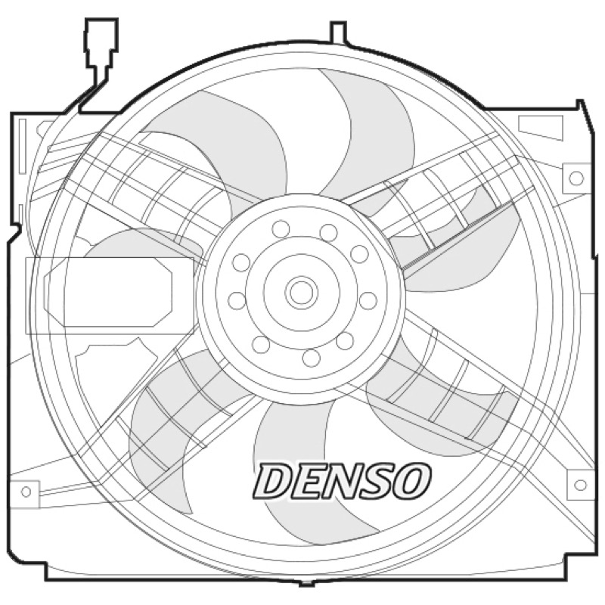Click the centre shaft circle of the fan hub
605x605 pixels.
[x=301, y=292]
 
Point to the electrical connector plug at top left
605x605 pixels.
[x=101, y=50]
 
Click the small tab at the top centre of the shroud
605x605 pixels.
[x=338, y=32]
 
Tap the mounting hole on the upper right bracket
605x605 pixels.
[x=576, y=178]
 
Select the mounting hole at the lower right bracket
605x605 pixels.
[x=580, y=485]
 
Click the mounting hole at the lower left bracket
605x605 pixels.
[x=26, y=492]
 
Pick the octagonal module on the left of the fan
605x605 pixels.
[x=108, y=292]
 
